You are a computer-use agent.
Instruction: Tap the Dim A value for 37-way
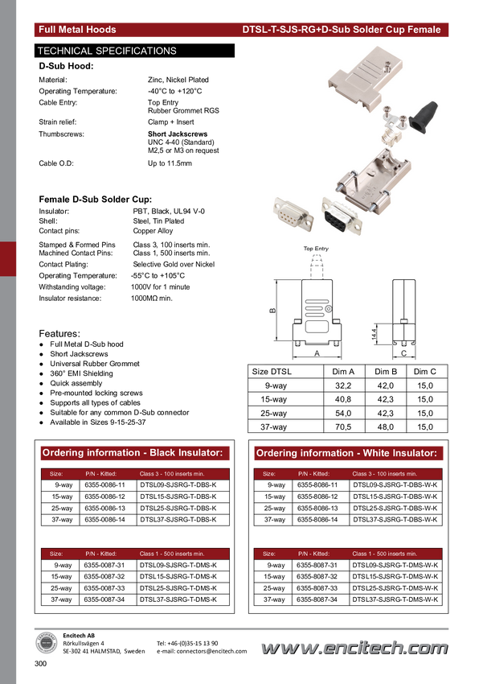pos(343,427)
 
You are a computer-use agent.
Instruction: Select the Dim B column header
pos(386,372)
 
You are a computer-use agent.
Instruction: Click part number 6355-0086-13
pos(104,509)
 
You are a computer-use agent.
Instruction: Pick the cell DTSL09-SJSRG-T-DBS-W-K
pos(395,484)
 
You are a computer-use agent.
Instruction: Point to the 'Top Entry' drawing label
pos(316,249)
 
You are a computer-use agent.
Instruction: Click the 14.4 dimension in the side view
pos(375,334)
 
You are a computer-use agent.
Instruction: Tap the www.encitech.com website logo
pos(354,648)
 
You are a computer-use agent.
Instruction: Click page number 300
pos(40,664)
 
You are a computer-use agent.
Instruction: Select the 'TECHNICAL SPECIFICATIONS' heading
pos(107,51)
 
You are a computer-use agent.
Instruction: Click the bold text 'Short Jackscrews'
pos(178,134)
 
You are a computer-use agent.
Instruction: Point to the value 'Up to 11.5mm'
pos(170,163)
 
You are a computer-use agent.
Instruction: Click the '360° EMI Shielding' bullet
pos(81,373)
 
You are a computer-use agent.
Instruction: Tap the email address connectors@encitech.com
pos(202,651)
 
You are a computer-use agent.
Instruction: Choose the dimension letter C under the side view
pos(403,353)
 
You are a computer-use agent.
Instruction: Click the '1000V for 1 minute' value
pos(160,287)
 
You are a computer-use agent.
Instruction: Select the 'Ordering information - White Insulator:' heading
pos(346,453)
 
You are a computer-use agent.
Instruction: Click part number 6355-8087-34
pos(317,600)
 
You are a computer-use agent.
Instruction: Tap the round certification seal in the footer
pos(46,644)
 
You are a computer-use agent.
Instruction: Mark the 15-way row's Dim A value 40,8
pos(343,399)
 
